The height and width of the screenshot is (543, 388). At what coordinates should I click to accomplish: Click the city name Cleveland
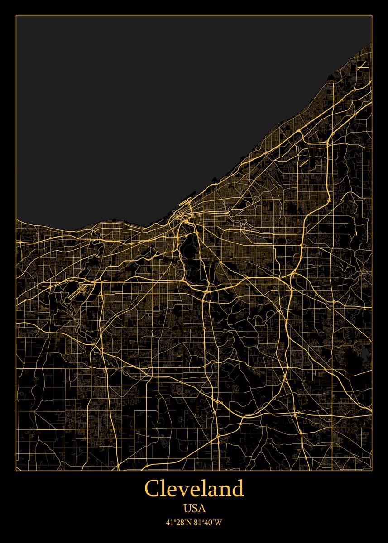coord(194,489)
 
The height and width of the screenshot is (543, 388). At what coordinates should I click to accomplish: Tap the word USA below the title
coord(194,508)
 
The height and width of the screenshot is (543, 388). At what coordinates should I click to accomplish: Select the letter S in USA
coord(194,508)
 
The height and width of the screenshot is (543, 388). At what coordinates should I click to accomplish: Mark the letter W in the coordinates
coord(219,523)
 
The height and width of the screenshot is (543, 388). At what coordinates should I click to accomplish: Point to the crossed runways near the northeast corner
coord(362,65)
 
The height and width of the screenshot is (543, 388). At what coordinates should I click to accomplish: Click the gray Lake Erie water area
coord(136,113)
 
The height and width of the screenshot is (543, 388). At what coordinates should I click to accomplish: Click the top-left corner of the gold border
coord(16,15)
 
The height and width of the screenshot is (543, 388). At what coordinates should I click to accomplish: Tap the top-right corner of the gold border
coord(372,15)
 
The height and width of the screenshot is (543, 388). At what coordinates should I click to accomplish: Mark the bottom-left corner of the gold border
coord(16,471)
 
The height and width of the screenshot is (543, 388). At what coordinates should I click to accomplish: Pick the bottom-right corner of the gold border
coord(372,471)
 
